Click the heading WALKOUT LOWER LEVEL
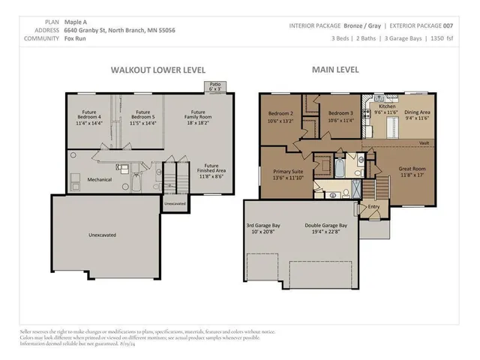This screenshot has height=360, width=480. click(157, 69)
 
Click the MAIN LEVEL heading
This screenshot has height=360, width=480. click(335, 69)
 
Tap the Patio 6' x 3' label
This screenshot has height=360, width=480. click(215, 87)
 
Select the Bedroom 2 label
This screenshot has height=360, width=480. click(280, 117)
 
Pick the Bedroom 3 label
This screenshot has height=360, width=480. click(340, 117)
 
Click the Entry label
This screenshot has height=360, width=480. click(373, 207)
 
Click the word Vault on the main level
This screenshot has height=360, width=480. click(424, 142)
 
